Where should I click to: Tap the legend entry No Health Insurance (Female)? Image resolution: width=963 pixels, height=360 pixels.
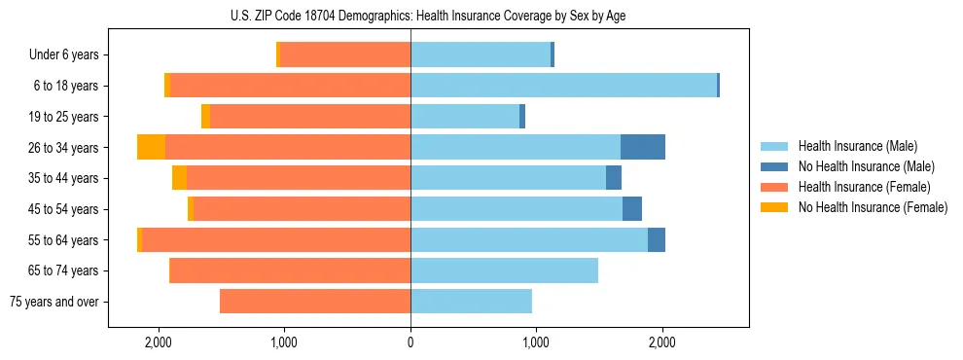tap(873, 207)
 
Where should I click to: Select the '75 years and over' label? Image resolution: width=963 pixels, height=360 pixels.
tap(54, 302)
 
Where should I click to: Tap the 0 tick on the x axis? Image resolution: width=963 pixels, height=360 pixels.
tap(410, 342)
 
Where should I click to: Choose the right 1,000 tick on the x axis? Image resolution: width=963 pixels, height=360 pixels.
tap(535, 342)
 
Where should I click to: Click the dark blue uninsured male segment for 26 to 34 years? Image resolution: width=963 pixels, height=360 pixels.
tap(643, 147)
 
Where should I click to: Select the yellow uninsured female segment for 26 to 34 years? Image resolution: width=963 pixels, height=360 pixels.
tap(151, 147)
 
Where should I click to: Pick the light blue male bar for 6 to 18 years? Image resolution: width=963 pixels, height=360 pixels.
tap(563, 86)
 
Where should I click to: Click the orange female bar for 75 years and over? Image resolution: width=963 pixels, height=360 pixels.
tap(315, 302)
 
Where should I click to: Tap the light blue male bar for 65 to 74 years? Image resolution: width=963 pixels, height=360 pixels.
tap(504, 270)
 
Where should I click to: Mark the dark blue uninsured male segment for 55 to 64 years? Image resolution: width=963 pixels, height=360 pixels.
tap(657, 239)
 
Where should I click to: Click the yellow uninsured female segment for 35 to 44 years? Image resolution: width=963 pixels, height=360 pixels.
tap(179, 178)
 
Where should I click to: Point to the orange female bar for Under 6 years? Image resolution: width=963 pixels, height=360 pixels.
tap(345, 55)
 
